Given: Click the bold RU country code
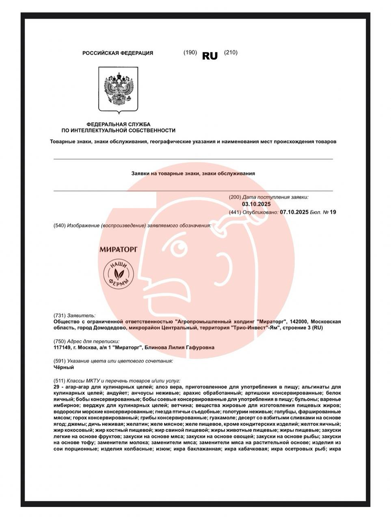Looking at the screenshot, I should (210, 56).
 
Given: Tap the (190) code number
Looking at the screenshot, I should (190, 52).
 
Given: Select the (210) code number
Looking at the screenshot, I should (231, 52).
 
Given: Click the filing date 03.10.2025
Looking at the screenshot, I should (256, 204).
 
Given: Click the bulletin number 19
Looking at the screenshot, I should (333, 212).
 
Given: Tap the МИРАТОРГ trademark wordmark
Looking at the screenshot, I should (119, 248).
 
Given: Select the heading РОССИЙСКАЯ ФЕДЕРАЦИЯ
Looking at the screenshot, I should (118, 53).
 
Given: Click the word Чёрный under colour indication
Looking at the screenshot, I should (64, 367).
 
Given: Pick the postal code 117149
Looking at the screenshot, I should (63, 348).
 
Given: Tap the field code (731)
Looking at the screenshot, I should (59, 316).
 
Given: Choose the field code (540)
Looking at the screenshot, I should (59, 225).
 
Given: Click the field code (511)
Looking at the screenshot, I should (59, 381).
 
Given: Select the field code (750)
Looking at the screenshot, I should (59, 342).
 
